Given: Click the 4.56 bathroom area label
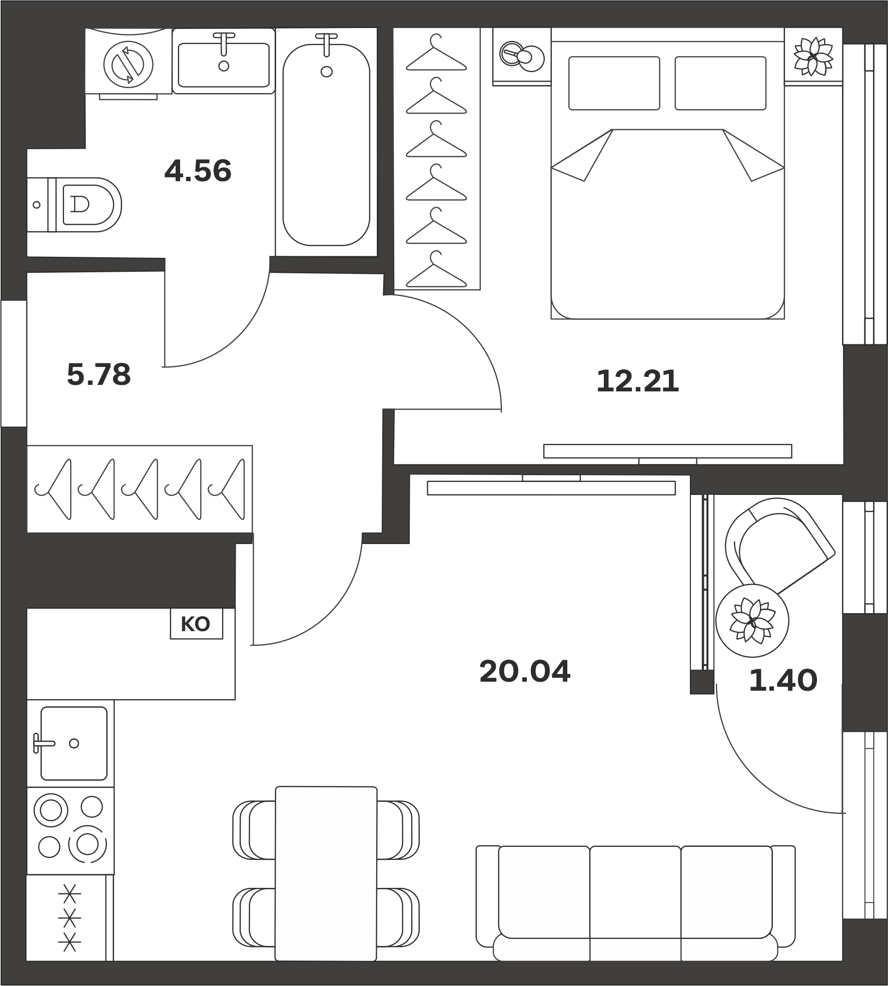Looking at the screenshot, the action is (x=198, y=171).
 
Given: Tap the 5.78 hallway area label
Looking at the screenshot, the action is (x=99, y=374).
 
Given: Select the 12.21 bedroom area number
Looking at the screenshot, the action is (x=638, y=381).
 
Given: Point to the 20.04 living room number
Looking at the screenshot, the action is (x=525, y=672).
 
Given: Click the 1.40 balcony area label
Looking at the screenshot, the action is (x=783, y=681).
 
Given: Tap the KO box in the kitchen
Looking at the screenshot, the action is (x=196, y=624).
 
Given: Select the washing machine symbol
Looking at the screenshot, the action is (x=128, y=64).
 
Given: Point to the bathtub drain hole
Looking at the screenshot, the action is (x=327, y=72).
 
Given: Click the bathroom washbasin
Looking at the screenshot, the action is (x=224, y=61).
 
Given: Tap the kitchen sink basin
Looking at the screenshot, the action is (x=74, y=743).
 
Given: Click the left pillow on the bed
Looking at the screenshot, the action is (x=614, y=83).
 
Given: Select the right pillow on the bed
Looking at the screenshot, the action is (x=720, y=83).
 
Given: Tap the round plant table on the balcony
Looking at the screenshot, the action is (x=752, y=621).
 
